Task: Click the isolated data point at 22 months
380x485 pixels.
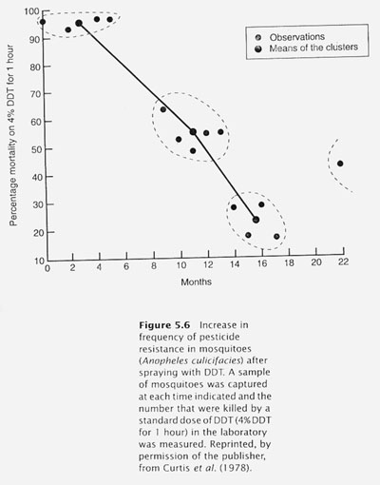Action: [340, 164]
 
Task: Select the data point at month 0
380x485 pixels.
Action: [43, 22]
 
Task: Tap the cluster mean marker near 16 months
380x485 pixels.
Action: [256, 220]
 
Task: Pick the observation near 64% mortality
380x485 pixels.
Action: [163, 109]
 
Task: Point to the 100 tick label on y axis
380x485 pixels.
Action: [32, 12]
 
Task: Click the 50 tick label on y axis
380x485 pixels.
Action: [36, 149]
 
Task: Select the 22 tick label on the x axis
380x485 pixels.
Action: [343, 262]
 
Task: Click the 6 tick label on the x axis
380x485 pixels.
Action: [126, 266]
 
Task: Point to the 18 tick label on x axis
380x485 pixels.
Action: [289, 262]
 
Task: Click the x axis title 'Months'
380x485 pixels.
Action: [197, 281]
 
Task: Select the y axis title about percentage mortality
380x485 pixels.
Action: [12, 135]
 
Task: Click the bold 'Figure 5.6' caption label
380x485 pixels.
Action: [164, 325]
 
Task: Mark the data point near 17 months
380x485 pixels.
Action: [276, 237]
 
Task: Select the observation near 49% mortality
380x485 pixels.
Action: [193, 151]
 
